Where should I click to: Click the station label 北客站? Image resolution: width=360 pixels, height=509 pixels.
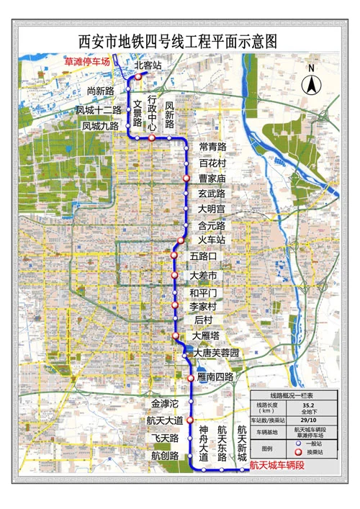click(148, 66)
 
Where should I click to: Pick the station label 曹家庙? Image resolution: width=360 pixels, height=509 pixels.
click(212, 178)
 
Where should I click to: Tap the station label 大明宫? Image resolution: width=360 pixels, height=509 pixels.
click(212, 209)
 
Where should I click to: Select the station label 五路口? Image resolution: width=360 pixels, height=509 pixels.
click(204, 256)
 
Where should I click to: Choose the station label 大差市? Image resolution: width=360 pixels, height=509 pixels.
click(204, 276)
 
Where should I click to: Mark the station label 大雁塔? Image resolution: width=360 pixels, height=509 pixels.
click(206, 335)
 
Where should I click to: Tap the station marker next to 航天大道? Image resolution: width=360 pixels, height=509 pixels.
click(190, 420)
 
